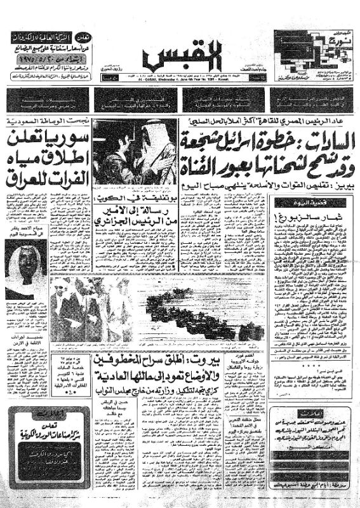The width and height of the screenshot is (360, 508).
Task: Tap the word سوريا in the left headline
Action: [67, 138]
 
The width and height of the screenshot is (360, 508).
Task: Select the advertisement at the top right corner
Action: [311, 54]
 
